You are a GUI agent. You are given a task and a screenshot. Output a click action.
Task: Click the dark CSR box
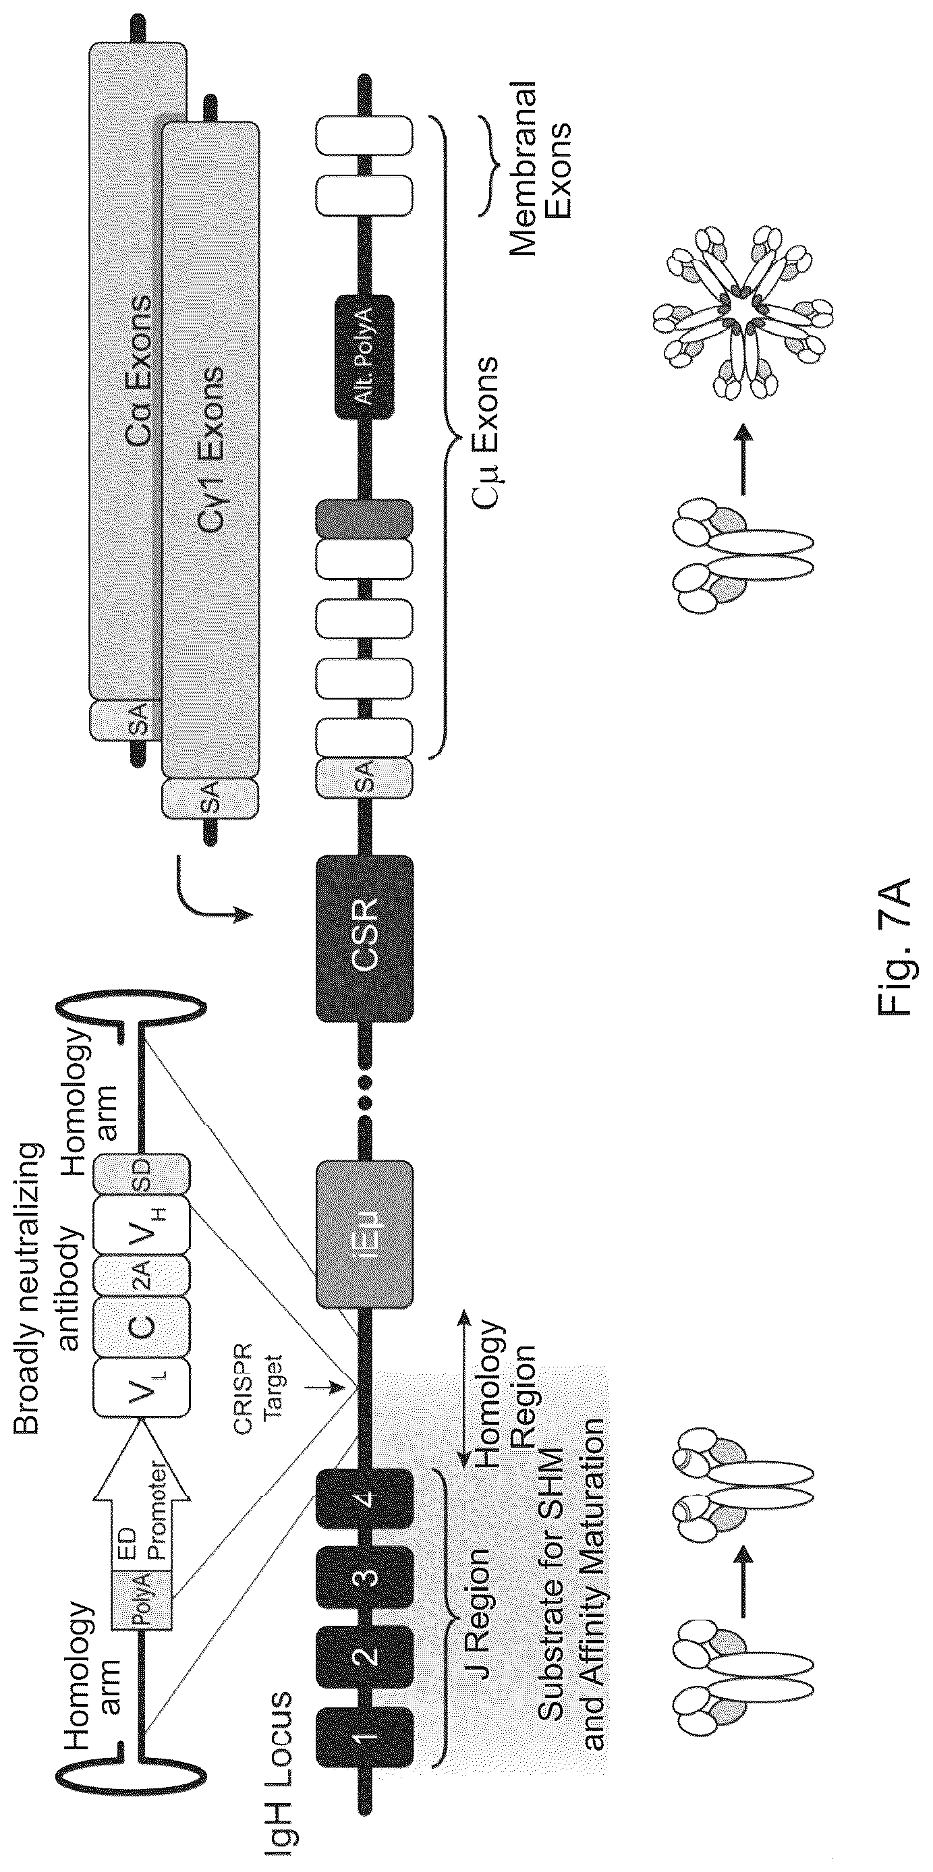point(365,938)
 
